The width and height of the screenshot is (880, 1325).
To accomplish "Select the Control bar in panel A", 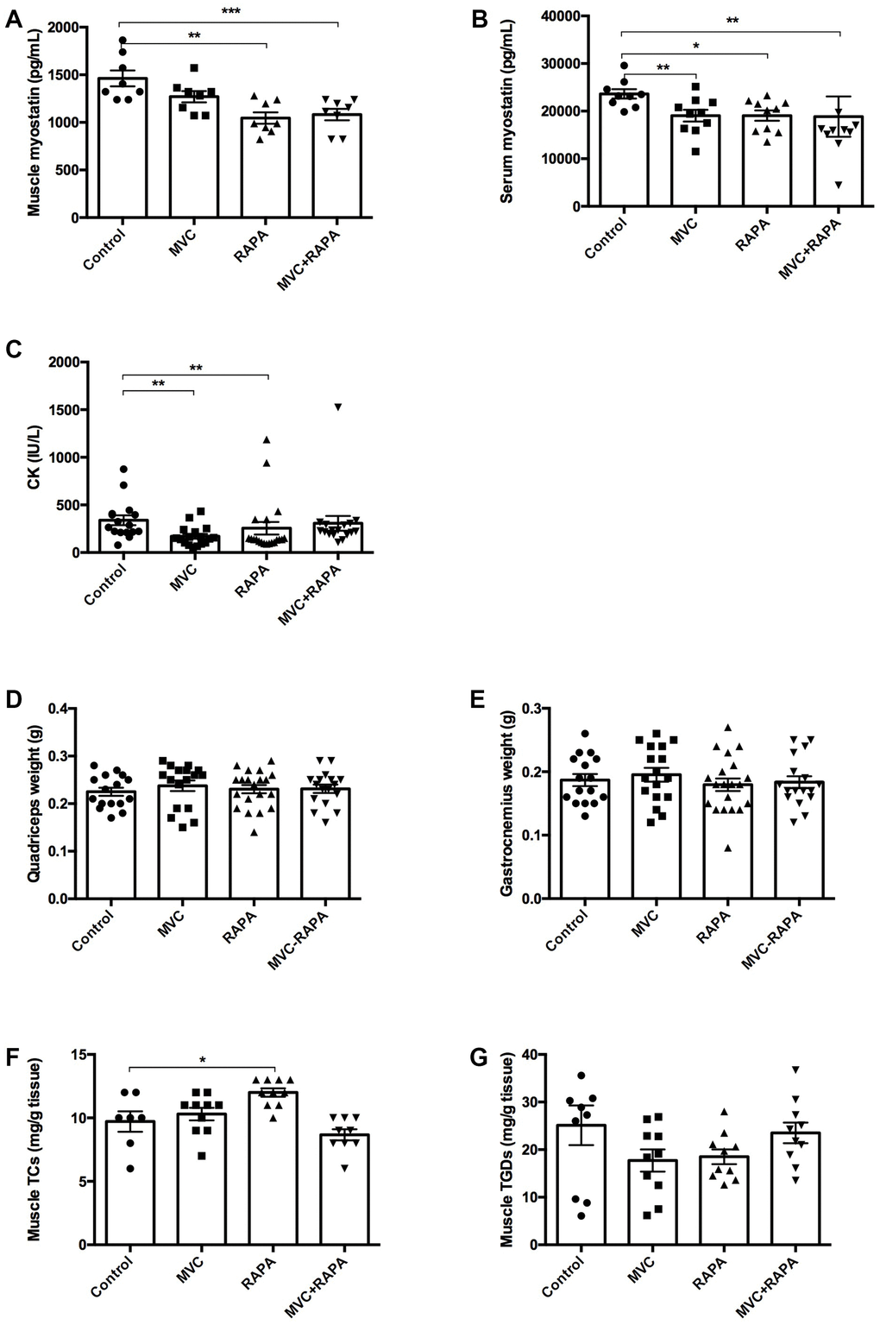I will [123, 155].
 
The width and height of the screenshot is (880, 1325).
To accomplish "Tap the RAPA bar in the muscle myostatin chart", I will [267, 173].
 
